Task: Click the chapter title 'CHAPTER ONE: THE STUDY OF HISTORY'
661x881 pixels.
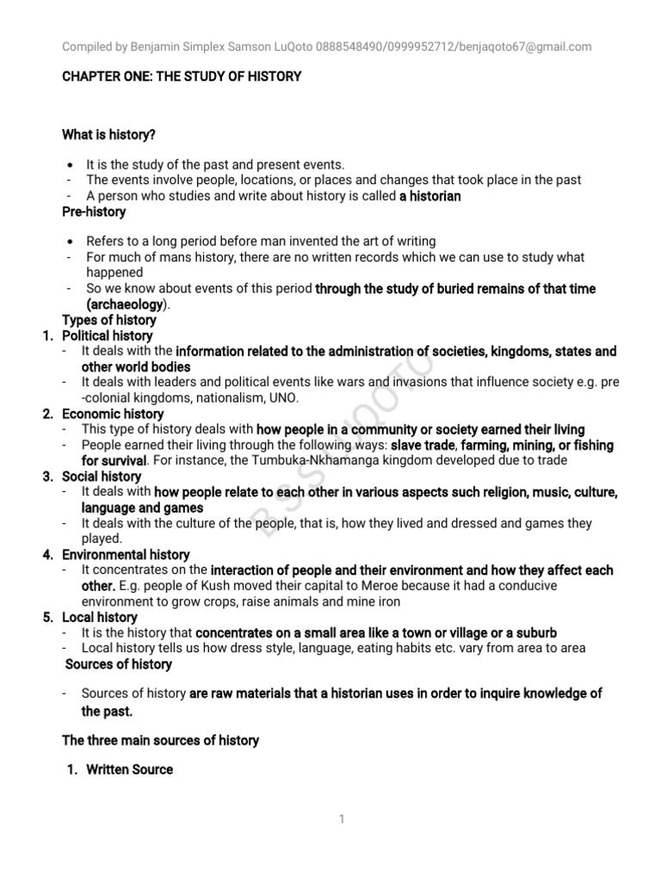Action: (182, 77)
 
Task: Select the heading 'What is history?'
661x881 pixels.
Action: (109, 135)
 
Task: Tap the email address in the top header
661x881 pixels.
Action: (536, 46)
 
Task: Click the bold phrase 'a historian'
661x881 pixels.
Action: (430, 196)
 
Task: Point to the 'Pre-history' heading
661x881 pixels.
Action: (94, 212)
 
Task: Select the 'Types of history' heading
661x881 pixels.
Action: (109, 320)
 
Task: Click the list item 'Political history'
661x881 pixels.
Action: (107, 336)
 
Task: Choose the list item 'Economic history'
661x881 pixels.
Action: (112, 414)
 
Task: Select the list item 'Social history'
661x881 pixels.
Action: (102, 476)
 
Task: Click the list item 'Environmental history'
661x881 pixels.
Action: (126, 554)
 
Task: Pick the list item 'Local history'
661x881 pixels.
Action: (99, 617)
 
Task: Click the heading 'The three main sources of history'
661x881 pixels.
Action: (160, 740)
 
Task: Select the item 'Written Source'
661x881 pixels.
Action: (129, 769)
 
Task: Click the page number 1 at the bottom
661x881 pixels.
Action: (342, 819)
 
